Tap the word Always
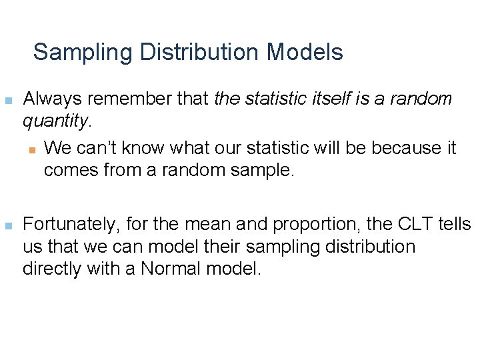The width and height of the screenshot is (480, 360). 51,99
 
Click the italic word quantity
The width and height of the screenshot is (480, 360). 55,121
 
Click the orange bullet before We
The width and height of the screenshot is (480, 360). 29,149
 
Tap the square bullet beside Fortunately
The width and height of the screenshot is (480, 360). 8,225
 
